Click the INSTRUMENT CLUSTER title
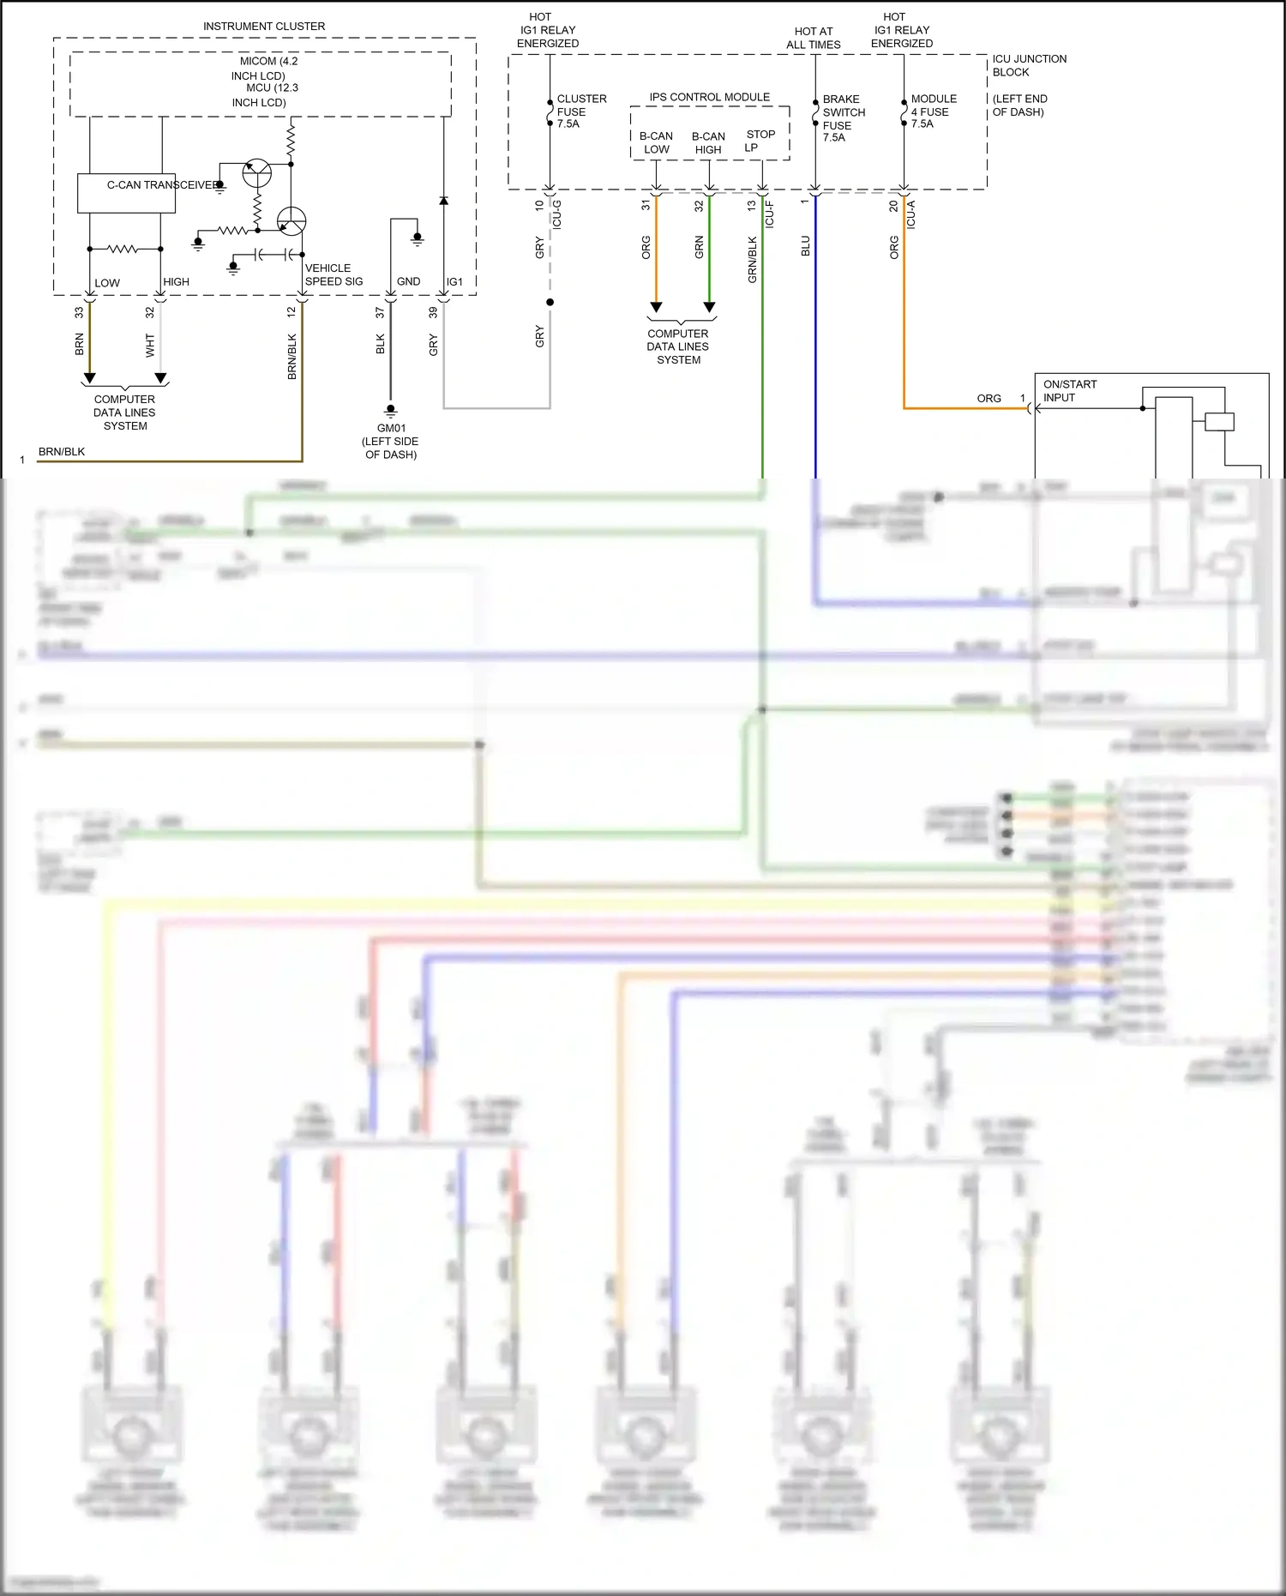click(263, 27)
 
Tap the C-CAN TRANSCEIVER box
click(127, 193)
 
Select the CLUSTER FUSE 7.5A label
click(580, 111)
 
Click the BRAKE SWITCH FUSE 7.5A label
click(843, 118)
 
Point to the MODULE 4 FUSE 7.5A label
click(933, 111)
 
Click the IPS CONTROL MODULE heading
click(709, 97)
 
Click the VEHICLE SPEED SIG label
click(333, 274)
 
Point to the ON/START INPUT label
click(1069, 391)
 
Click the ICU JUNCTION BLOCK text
click(1028, 65)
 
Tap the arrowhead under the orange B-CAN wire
click(656, 307)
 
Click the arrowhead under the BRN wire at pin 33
click(89, 378)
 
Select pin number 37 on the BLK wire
click(380, 313)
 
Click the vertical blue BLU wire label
click(805, 246)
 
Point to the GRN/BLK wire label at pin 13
click(752, 259)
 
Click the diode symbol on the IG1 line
click(443, 201)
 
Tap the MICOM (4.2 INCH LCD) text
click(267, 69)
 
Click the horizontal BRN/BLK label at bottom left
click(62, 452)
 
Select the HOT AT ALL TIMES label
click(813, 38)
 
